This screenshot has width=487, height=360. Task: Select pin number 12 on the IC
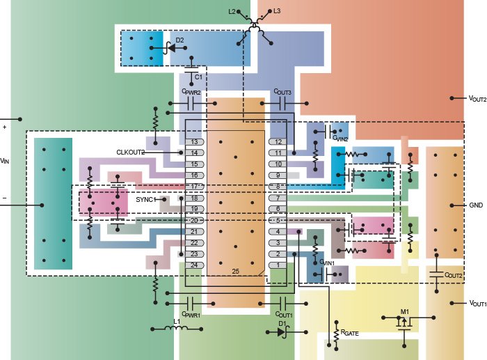(x=278, y=141)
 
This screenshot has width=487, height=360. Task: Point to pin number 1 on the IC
(x=278, y=265)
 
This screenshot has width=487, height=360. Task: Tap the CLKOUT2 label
(x=130, y=152)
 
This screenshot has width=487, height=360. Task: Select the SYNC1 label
(x=145, y=199)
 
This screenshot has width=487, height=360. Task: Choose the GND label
(x=477, y=205)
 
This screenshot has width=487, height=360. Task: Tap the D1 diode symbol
(x=282, y=331)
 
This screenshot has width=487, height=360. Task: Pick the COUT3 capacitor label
(x=282, y=92)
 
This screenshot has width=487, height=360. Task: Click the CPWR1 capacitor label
(x=191, y=315)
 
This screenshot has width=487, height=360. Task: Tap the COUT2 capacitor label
(x=454, y=276)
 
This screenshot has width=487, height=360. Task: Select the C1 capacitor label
(x=198, y=76)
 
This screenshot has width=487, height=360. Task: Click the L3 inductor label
(x=276, y=12)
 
